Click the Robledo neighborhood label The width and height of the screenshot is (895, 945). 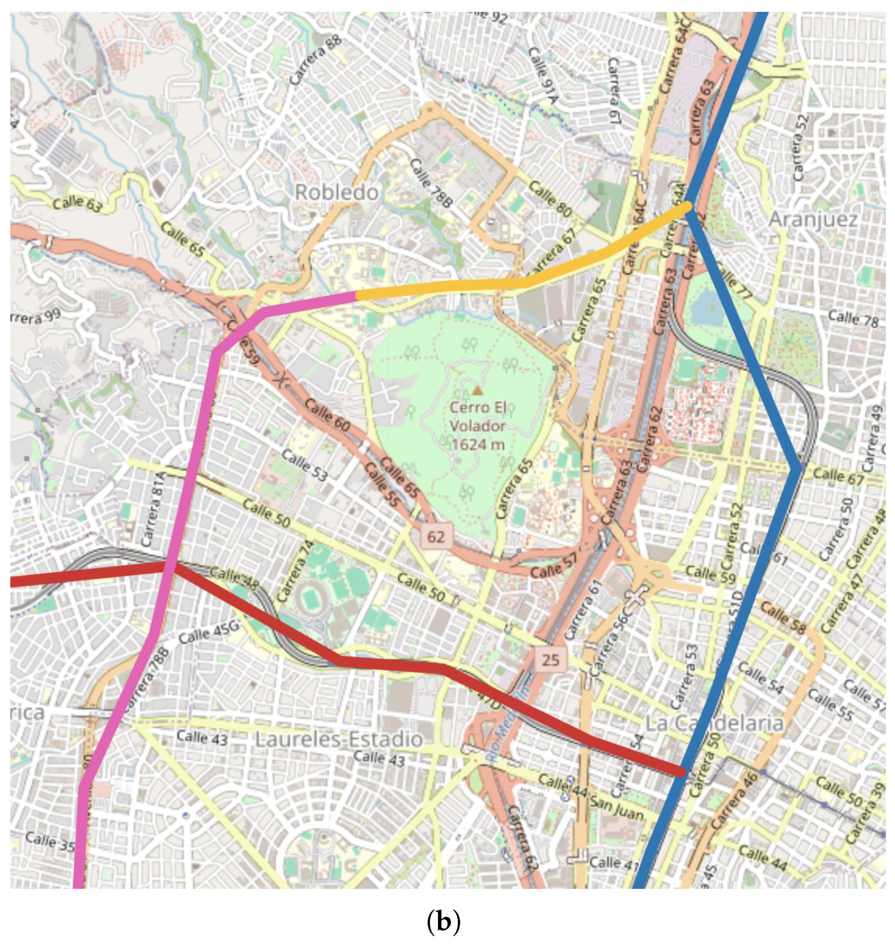(337, 192)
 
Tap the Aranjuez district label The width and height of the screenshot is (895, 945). (813, 220)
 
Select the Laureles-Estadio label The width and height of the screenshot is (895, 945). (339, 739)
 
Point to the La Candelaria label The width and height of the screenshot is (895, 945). (714, 723)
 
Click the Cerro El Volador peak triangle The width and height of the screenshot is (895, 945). (477, 391)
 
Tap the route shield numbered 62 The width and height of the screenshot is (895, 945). (435, 536)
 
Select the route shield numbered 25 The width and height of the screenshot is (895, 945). (550, 660)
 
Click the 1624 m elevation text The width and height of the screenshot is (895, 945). (478, 444)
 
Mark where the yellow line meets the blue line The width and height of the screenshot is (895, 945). (689, 206)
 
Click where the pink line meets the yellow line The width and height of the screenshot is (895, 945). (357, 295)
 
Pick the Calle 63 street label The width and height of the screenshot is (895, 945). (77, 203)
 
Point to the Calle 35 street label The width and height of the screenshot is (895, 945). (50, 841)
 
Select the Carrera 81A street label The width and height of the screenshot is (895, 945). (154, 509)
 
